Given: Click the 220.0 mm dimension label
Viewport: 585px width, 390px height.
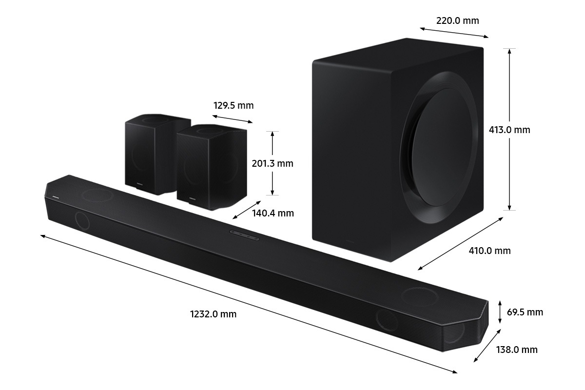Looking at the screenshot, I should pyautogui.click(x=457, y=20).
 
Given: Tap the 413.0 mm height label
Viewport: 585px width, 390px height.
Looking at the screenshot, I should pyautogui.click(x=509, y=130).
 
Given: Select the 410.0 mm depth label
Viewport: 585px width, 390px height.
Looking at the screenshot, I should pyautogui.click(x=489, y=251).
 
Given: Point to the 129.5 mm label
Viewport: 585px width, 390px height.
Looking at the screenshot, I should pyautogui.click(x=233, y=105).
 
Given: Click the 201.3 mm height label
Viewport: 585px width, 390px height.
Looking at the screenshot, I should pyautogui.click(x=272, y=163).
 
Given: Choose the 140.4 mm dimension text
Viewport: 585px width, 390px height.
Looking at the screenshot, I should pyautogui.click(x=273, y=213).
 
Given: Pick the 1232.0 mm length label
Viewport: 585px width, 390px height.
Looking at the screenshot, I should pyautogui.click(x=213, y=314).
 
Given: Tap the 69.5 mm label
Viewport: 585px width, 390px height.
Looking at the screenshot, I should pyautogui.click(x=525, y=312).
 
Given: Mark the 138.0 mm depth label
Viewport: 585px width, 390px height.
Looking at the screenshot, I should pyautogui.click(x=517, y=350).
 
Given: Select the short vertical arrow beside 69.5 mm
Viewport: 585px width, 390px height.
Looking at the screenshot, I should pyautogui.click(x=500, y=312).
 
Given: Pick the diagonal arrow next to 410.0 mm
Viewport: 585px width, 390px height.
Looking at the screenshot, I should pyautogui.click(x=461, y=243).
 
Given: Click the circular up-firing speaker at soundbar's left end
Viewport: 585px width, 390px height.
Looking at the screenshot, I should pyautogui.click(x=97, y=195).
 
